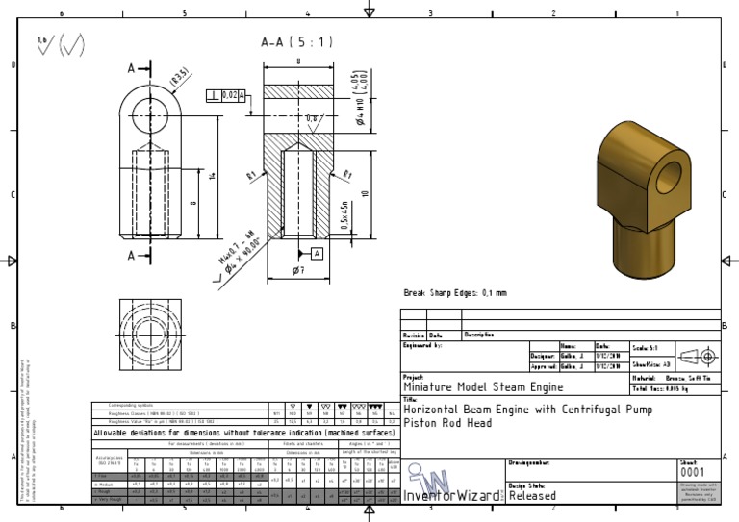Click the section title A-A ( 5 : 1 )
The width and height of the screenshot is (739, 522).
click(296, 42)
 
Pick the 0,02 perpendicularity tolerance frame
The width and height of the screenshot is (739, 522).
click(227, 94)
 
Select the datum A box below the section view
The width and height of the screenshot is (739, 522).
click(316, 253)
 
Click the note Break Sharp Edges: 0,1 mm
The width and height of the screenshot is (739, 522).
click(454, 292)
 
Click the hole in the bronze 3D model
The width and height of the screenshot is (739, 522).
click(666, 175)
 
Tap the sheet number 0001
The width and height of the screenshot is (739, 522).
click(692, 473)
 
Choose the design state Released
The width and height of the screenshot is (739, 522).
click(531, 496)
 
